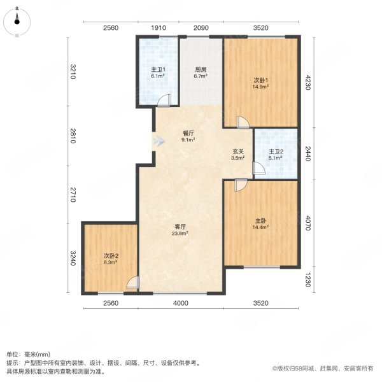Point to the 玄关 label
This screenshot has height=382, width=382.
coord(237,152)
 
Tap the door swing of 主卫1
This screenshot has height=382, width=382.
coord(164,101)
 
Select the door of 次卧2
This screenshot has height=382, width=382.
coord(132,284)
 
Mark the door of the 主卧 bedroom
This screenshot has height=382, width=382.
coord(240,185)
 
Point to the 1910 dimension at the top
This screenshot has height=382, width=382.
coord(159,28)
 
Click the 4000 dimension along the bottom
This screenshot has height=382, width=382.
coord(181,304)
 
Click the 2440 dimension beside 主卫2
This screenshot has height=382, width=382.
coord(309,153)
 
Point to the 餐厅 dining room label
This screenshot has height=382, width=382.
coord(188,134)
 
